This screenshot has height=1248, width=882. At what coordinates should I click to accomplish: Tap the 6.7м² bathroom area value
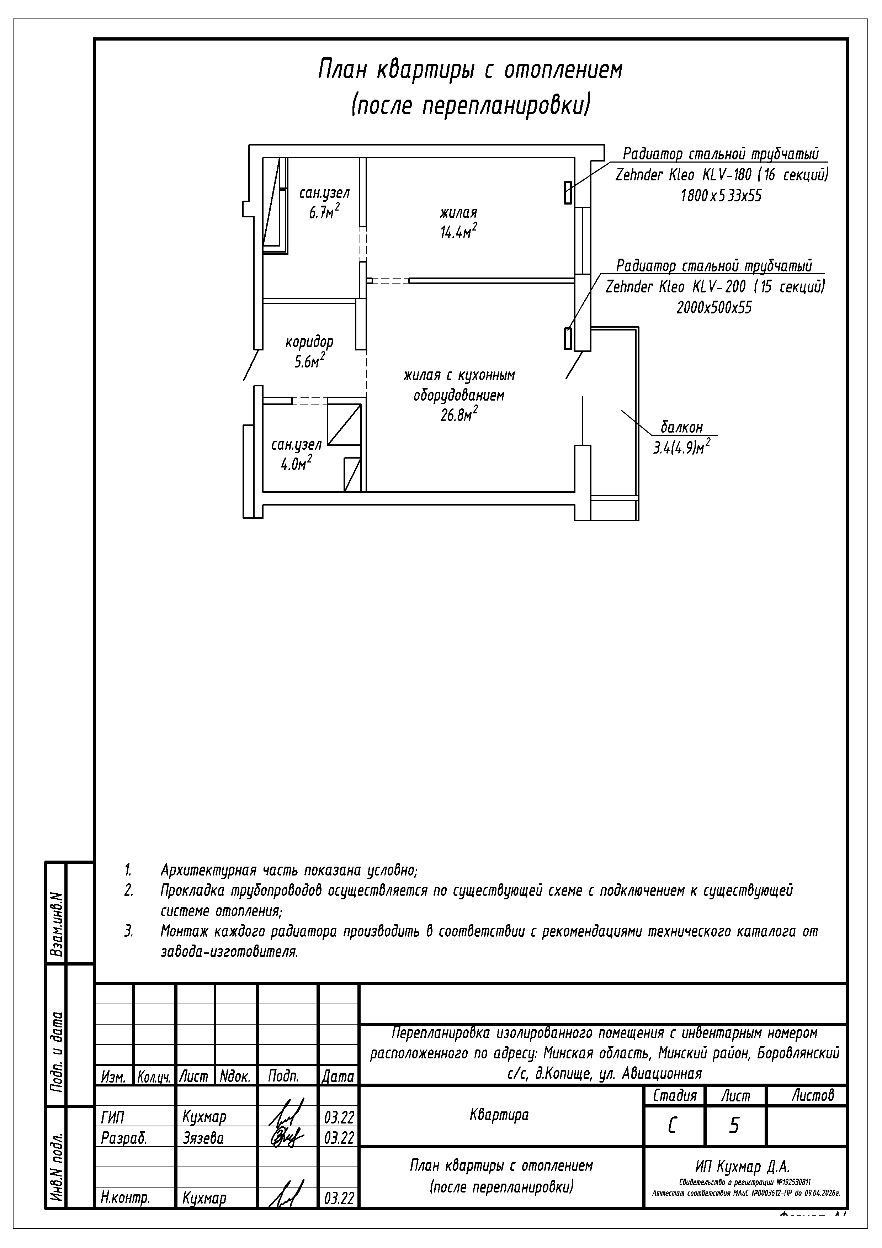point(324,212)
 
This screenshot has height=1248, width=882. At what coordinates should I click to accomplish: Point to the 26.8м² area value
point(459,415)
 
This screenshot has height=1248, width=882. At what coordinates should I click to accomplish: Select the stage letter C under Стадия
point(672,1127)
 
